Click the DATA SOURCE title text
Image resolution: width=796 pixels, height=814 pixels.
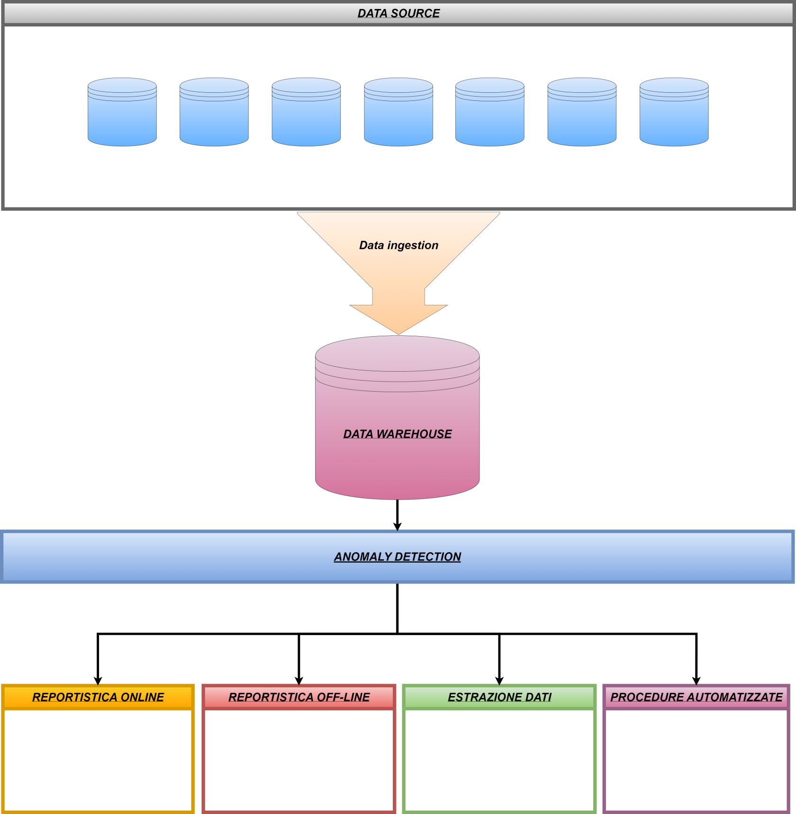click(x=398, y=13)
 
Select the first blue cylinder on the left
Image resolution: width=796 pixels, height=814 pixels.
click(x=122, y=113)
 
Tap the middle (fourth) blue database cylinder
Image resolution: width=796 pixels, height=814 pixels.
click(x=398, y=113)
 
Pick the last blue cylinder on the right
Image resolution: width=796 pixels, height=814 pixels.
click(x=674, y=113)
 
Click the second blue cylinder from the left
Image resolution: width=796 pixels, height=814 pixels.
click(x=214, y=113)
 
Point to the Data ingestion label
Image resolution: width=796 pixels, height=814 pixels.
click(x=398, y=245)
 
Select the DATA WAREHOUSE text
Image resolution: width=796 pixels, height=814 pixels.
click(x=398, y=434)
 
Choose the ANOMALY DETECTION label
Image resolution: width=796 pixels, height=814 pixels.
click(x=398, y=557)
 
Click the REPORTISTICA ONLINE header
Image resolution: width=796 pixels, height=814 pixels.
click(x=98, y=697)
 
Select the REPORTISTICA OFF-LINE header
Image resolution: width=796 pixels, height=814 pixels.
click(x=299, y=697)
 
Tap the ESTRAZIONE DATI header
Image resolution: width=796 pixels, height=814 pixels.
click(x=499, y=697)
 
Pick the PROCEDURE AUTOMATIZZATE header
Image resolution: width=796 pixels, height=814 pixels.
click(x=696, y=697)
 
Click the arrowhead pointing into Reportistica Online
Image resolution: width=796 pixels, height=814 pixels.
click(x=98, y=681)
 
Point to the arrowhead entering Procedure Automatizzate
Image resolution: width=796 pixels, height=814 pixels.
click(x=696, y=681)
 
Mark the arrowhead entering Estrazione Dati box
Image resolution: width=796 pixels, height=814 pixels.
click(x=499, y=681)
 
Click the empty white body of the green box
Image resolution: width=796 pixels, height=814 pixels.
click(x=499, y=760)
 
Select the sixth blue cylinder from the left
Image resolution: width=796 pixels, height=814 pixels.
click(x=582, y=113)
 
